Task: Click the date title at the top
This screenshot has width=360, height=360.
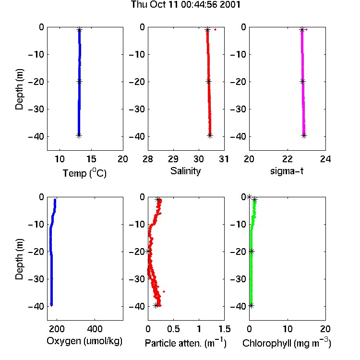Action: pos(185,5)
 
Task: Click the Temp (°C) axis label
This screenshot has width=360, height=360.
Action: pos(84,173)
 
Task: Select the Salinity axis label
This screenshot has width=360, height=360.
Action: pos(185,171)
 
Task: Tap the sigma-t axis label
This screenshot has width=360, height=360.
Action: pos(287,171)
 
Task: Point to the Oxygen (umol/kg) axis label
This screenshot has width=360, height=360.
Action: pos(84,341)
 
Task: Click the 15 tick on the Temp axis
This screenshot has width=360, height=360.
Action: pos(91,159)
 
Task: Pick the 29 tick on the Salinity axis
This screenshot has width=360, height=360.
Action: pos(173,159)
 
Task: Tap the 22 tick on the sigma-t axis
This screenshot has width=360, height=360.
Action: pos(288,159)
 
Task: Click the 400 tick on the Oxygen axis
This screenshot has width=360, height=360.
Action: pos(95,329)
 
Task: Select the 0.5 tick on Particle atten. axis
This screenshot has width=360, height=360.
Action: pos(173,329)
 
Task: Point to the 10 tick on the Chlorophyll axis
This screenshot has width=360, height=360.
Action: pos(288,329)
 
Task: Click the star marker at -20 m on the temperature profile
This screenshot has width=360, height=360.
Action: pos(79,82)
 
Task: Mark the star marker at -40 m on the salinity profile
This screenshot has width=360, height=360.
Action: pos(210,135)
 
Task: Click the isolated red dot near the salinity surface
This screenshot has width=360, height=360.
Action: pos(215,29)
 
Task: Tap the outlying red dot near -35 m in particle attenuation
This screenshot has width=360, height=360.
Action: pos(164,291)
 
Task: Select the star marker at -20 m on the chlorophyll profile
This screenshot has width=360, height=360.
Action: pos(252,252)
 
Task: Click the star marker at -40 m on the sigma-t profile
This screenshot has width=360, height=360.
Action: pos(304,135)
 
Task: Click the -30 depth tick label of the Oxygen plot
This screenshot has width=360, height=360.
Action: pos(36,279)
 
